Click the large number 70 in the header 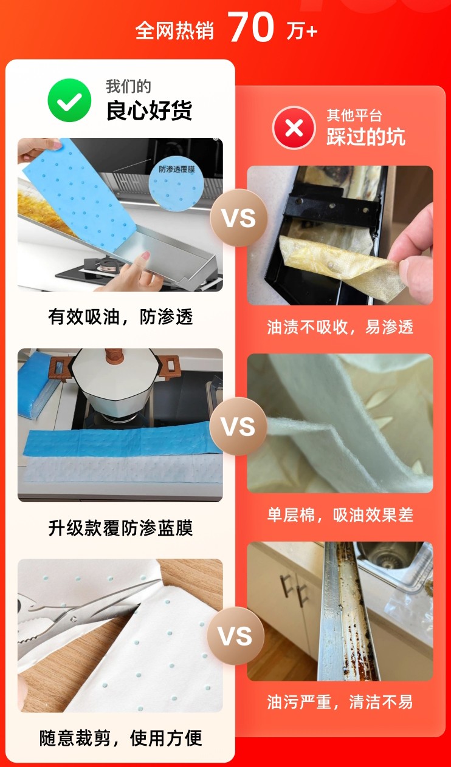point(251,27)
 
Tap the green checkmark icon point(69,100)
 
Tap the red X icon point(294,128)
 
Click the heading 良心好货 point(149,111)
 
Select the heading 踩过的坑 point(366,137)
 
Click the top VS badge point(238,218)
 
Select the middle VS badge point(238,426)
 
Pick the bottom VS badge point(235,636)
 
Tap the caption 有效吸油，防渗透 point(120,317)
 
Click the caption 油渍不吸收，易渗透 point(340,327)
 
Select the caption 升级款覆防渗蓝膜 point(120,528)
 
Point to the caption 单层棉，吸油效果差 point(340,514)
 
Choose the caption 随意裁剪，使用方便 point(120,738)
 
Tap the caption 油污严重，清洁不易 point(340,702)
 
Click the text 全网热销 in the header point(175,30)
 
